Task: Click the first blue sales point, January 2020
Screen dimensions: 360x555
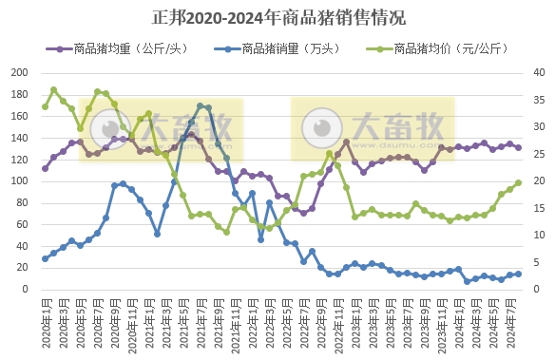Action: coord(45,258)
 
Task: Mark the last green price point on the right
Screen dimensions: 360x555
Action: coord(518,182)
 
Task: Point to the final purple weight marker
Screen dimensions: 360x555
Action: coord(518,147)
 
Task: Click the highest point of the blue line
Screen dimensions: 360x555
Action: coord(201,105)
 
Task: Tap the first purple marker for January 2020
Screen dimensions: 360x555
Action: coord(45,168)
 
